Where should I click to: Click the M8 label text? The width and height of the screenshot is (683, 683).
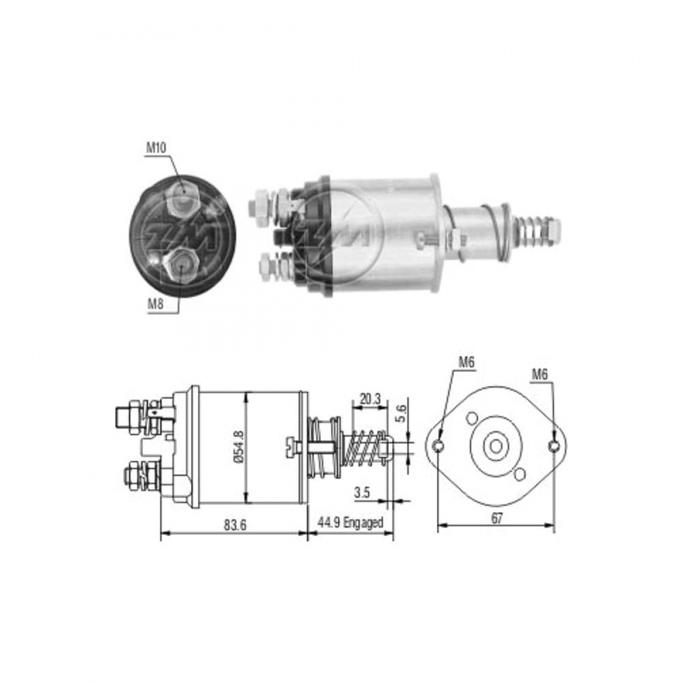(x=156, y=304)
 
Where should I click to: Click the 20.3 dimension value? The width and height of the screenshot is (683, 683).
(x=369, y=399)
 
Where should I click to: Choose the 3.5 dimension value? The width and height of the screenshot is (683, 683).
(x=362, y=492)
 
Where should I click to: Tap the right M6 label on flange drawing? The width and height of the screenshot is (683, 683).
(x=540, y=374)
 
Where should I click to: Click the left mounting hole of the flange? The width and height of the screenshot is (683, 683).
(x=438, y=446)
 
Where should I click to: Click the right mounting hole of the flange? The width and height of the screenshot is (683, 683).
(x=554, y=446)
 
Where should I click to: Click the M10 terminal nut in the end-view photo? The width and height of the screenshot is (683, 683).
(x=183, y=196)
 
